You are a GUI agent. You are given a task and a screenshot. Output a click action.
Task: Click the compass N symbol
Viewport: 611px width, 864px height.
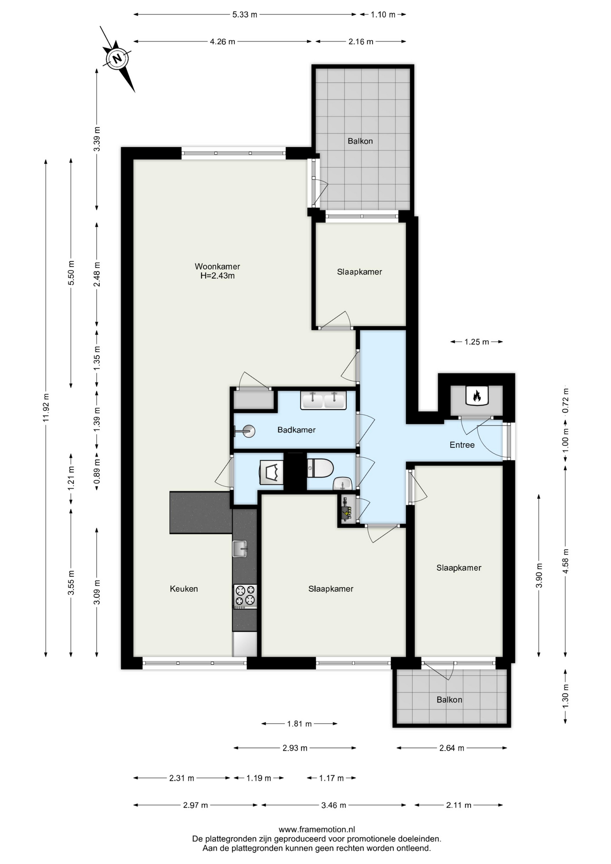[x=117, y=58]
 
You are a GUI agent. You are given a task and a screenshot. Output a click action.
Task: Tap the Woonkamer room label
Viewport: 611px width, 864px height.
[x=217, y=266]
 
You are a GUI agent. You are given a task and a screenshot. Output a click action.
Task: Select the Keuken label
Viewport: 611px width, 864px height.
[x=184, y=589]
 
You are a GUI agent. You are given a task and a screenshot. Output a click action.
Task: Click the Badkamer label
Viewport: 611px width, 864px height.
[x=296, y=430]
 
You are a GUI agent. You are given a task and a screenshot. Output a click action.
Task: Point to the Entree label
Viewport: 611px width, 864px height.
[x=462, y=445]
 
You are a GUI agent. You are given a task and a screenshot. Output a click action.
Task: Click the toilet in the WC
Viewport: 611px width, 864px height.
[x=320, y=468]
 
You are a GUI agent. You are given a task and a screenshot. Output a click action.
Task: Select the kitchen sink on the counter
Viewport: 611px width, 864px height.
[x=240, y=549]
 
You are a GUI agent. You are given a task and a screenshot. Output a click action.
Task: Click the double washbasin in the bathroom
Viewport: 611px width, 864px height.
[x=323, y=400]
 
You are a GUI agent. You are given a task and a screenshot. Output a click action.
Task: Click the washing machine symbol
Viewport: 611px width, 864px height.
[x=271, y=472]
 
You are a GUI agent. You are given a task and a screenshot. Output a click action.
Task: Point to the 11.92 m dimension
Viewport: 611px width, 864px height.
[x=46, y=408]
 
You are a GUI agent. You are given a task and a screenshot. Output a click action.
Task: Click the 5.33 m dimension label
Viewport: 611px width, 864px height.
[x=245, y=14]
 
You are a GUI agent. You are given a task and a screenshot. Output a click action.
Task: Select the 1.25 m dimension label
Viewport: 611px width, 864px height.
[x=476, y=342]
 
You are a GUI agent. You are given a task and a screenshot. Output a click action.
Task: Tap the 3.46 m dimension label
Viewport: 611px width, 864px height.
[x=333, y=805]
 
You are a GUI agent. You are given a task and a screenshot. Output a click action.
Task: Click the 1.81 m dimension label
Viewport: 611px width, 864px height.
[x=299, y=724]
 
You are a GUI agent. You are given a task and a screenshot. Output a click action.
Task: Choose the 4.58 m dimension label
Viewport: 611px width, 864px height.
[x=566, y=561]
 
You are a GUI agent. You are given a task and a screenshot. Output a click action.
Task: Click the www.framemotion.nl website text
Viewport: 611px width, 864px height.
[x=317, y=829]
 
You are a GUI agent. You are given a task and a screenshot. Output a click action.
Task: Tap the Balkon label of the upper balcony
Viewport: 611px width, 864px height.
[x=360, y=141]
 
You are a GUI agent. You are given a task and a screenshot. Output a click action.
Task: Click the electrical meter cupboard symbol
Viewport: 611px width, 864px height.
[x=346, y=510]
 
